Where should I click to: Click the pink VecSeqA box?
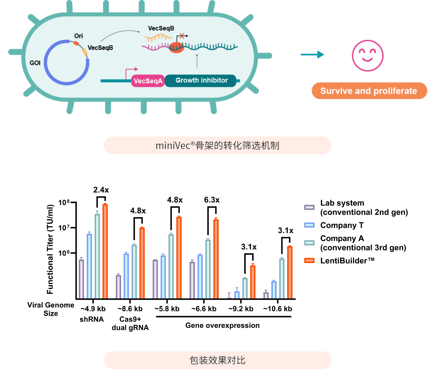pos(148,81)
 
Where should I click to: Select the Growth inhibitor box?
pos(201,81)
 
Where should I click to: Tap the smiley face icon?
pos(367,56)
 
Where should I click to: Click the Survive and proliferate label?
pos(369,91)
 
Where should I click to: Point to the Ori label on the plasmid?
pos(78,36)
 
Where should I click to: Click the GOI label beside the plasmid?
pos(35,63)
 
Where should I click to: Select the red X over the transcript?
pos(182,36)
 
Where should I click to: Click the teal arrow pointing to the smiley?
pos(312,54)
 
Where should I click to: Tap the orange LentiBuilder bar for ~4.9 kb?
pos(105,252)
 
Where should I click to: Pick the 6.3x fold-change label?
pos(212,200)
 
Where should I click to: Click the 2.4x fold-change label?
pos(101,190)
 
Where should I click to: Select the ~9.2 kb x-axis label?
pos(241,309)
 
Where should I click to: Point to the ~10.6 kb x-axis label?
pos(278,309)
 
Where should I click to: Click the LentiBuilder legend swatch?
pos(309,260)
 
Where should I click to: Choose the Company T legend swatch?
pos(309,225)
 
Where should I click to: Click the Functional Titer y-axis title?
pos(50,249)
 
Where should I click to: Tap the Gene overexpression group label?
pos(222,325)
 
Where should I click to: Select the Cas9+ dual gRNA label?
pos(130,323)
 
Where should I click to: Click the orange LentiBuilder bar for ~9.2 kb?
pos(253,282)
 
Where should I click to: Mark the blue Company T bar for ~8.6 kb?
pos(126,276)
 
